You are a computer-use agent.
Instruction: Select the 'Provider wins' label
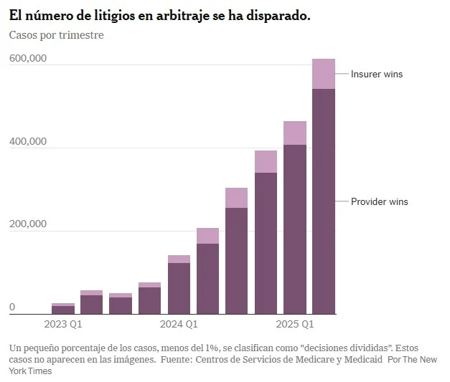(379, 201)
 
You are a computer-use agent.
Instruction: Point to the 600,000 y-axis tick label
(28, 59)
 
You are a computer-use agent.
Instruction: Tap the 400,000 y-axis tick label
(28, 141)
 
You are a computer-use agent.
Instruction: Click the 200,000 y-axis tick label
(28, 224)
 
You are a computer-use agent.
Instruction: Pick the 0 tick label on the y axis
(12, 307)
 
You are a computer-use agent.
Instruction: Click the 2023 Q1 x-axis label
(63, 325)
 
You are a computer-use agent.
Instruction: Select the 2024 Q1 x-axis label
(179, 325)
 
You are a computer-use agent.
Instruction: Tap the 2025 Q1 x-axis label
(295, 325)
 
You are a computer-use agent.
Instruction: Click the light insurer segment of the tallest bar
(324, 73)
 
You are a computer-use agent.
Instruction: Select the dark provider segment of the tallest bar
(324, 201)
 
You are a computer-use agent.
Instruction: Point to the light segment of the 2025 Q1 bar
(295, 133)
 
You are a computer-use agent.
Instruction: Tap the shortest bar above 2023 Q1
(63, 309)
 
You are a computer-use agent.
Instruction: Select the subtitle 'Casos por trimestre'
(56, 35)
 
